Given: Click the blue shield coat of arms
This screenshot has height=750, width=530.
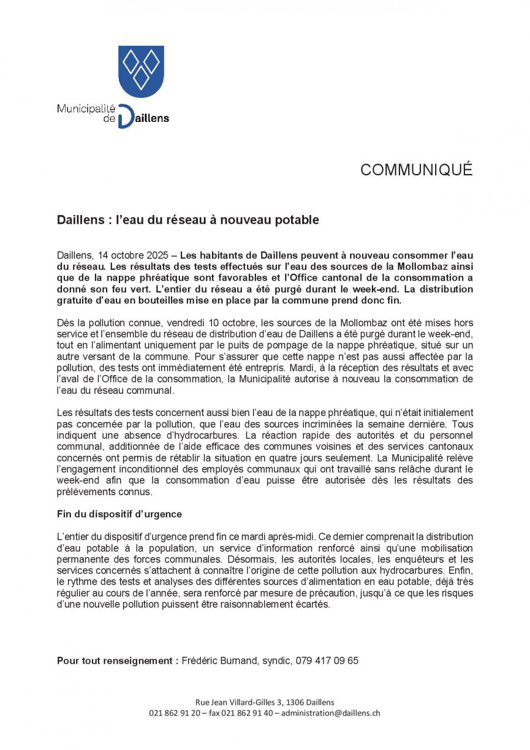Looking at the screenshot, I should pos(141,70).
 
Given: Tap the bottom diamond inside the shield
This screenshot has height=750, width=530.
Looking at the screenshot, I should pos(141,78).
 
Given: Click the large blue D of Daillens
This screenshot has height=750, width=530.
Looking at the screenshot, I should pos(125,117).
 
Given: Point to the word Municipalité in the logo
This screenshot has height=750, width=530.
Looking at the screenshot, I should pos(86,108).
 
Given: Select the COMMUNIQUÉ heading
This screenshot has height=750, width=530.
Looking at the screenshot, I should pos(416,170).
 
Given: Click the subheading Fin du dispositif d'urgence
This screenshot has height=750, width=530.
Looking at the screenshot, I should pos(119,514).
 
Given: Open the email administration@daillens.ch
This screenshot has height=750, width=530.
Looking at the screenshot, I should pos(331,713).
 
